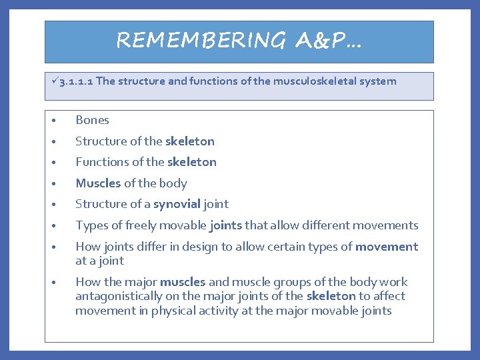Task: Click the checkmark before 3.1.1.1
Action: [54, 81]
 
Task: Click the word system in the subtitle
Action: [377, 81]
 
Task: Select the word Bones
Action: [92, 121]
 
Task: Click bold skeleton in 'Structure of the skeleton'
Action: [190, 141]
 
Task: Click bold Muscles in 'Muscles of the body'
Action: [98, 183]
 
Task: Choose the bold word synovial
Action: [177, 204]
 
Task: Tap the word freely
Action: [135, 225]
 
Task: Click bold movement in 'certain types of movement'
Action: [387, 247]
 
